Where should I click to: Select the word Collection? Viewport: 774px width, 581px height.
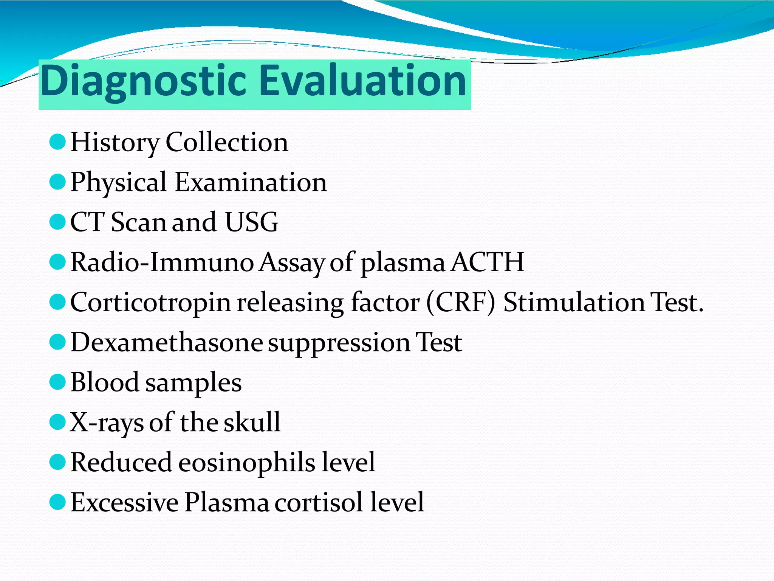(x=227, y=142)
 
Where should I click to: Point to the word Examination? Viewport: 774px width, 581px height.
(x=251, y=182)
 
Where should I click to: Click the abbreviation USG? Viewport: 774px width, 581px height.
(x=251, y=222)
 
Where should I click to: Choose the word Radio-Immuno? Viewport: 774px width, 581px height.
(x=162, y=262)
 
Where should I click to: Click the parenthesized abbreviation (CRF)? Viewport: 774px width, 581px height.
(x=460, y=303)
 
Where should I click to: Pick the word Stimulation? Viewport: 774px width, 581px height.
(x=574, y=303)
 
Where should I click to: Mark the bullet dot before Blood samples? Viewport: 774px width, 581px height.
(x=57, y=382)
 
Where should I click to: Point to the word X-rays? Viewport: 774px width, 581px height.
(x=107, y=423)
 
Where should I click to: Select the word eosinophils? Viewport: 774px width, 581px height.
(x=246, y=463)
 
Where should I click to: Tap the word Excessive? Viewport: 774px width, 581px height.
(x=124, y=502)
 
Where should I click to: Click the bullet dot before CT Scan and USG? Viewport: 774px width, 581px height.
(x=57, y=222)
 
